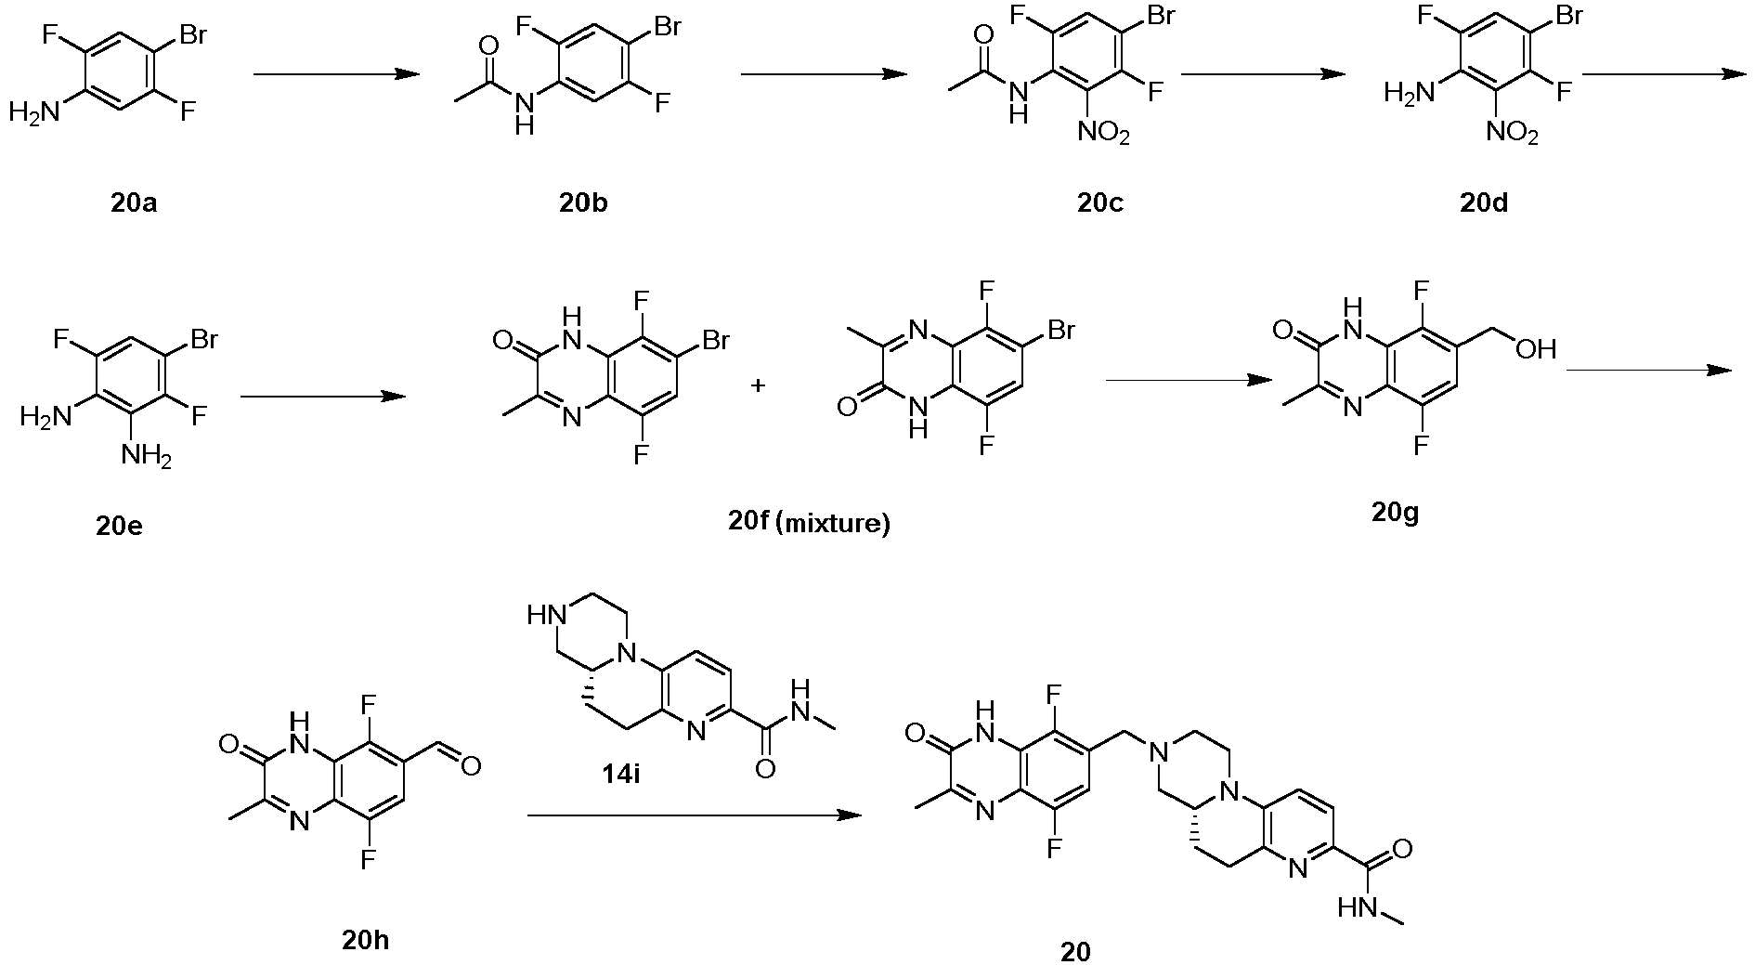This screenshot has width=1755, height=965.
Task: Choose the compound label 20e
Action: (120, 526)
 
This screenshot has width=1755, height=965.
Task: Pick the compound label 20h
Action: (366, 940)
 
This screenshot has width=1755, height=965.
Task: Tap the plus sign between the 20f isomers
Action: (758, 385)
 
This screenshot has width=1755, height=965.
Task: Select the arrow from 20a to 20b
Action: (337, 74)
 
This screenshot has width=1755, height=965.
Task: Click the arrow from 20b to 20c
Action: (824, 74)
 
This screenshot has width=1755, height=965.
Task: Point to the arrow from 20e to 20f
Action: (323, 397)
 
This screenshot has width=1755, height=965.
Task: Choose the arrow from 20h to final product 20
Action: (695, 815)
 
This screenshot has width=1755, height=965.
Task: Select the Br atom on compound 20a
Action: (192, 35)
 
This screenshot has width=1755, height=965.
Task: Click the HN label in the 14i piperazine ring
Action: (544, 615)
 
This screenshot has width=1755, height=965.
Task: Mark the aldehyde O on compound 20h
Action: (471, 766)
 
